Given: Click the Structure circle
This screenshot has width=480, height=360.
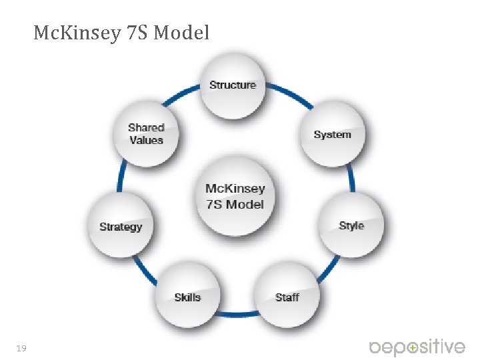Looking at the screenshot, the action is [x=233, y=85].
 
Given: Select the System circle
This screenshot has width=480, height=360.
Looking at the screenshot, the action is [x=332, y=135].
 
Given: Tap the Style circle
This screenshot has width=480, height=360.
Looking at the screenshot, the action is [x=351, y=225].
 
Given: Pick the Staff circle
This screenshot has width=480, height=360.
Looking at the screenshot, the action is [x=287, y=297].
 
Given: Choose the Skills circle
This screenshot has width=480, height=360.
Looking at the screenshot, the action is [x=187, y=297].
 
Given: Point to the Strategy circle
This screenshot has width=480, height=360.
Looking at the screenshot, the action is [x=121, y=227].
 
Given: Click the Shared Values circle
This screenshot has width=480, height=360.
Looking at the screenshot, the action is [x=146, y=133].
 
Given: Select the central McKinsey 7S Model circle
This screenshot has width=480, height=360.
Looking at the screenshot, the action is [x=235, y=197].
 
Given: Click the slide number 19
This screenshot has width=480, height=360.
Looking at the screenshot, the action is [x=21, y=348].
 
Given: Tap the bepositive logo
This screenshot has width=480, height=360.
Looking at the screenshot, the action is [x=417, y=347].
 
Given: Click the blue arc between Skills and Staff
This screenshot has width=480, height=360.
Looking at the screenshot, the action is [x=237, y=313].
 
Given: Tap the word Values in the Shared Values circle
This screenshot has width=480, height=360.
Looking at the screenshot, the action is [x=146, y=140].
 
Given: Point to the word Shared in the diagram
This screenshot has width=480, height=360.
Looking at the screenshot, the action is [x=146, y=127].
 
